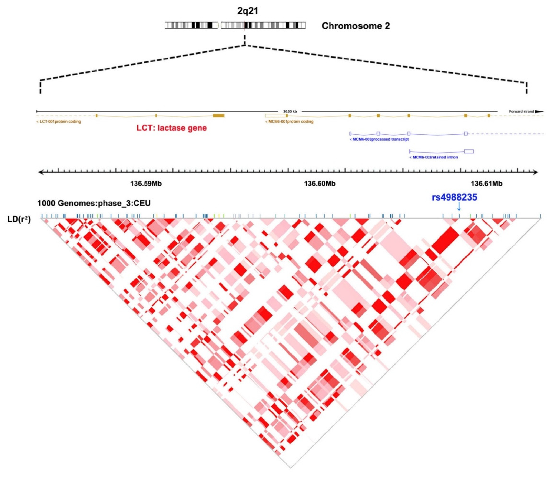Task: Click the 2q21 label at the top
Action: [248, 11]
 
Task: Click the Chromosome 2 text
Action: [356, 26]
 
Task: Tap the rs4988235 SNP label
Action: [454, 198]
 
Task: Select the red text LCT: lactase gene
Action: [172, 128]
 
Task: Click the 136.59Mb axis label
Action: [146, 184]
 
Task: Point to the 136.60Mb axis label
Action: [320, 184]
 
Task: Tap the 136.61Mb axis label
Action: [487, 184]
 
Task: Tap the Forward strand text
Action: [521, 112]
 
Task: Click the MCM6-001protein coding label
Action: [289, 122]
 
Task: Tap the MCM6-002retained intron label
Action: [434, 157]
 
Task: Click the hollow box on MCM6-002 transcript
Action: [469, 151]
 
